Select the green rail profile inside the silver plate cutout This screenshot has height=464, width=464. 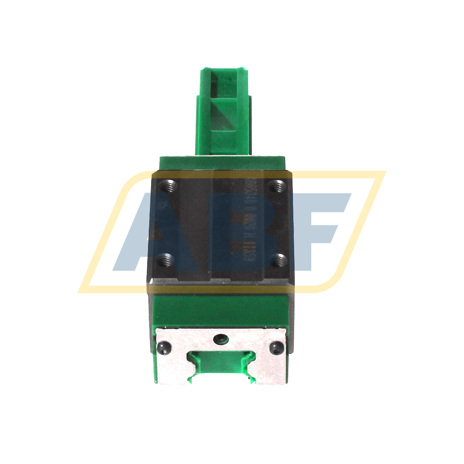coord(222,361)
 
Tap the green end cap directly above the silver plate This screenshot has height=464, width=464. coord(222,309)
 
